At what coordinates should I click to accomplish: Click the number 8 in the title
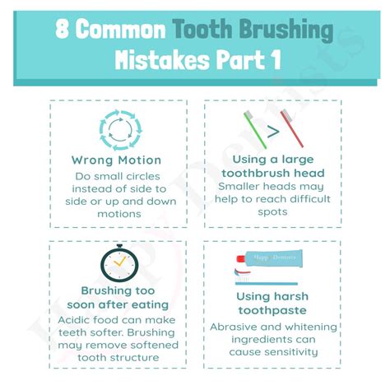(x=62, y=29)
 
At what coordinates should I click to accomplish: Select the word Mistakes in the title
(x=162, y=60)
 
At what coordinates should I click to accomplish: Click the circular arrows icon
(x=120, y=130)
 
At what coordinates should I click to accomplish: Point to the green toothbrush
(x=255, y=129)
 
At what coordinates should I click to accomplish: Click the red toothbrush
(x=292, y=128)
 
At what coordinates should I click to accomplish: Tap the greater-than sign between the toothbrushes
(x=273, y=132)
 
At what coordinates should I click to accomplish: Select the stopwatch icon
(x=119, y=263)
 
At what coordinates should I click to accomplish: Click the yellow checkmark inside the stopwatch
(x=119, y=262)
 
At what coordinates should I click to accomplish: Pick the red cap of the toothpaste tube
(x=240, y=258)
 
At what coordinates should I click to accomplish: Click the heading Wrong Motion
(x=116, y=160)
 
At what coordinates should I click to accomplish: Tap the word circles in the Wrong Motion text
(x=142, y=176)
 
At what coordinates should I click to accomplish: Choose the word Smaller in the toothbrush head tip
(x=239, y=187)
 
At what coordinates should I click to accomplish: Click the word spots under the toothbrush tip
(x=272, y=212)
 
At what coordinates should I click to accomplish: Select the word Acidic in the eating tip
(x=74, y=320)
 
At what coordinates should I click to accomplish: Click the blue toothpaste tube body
(x=273, y=258)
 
